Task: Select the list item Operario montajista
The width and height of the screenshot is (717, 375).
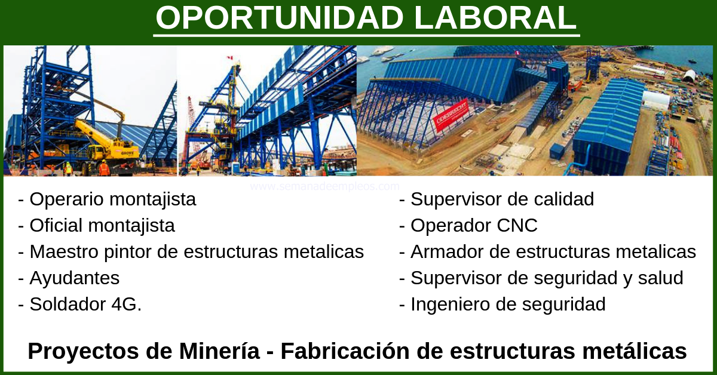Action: [107, 199]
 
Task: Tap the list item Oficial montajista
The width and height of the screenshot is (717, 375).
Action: [97, 226]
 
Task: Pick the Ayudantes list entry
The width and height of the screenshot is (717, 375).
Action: [69, 278]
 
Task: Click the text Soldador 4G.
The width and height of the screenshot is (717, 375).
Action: [80, 305]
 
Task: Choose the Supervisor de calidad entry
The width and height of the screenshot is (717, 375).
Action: [497, 199]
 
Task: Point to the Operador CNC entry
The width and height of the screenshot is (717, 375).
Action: [468, 226]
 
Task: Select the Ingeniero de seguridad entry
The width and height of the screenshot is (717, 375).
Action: [502, 305]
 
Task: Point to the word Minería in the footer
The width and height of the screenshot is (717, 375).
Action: [219, 351]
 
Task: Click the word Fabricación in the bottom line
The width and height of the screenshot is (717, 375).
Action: [345, 351]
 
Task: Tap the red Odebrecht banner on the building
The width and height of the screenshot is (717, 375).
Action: [451, 115]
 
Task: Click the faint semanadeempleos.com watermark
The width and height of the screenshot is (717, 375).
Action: [325, 186]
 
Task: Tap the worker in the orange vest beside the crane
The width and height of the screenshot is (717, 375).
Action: [104, 168]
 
